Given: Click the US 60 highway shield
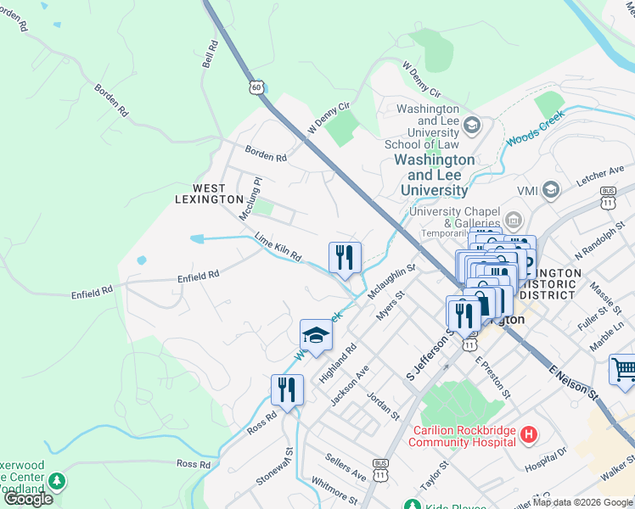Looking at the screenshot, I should [256, 87].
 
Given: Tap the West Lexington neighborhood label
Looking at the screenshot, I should [209, 193].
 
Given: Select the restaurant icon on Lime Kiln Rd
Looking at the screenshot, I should [345, 258].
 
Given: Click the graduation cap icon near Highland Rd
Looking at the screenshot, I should [315, 336].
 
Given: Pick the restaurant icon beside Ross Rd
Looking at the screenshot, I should [287, 390].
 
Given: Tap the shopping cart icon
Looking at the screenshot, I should [623, 370].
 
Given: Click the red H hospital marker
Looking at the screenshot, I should [529, 435].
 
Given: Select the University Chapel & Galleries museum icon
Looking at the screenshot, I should [513, 221].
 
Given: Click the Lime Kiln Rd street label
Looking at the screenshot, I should [278, 249].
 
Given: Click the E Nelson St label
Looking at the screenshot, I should [573, 383].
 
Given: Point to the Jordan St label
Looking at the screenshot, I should [383, 406].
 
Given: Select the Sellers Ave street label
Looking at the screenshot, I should [346, 466].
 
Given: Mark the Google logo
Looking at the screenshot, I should [28, 499].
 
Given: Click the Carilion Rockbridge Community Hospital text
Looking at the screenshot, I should [464, 435].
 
